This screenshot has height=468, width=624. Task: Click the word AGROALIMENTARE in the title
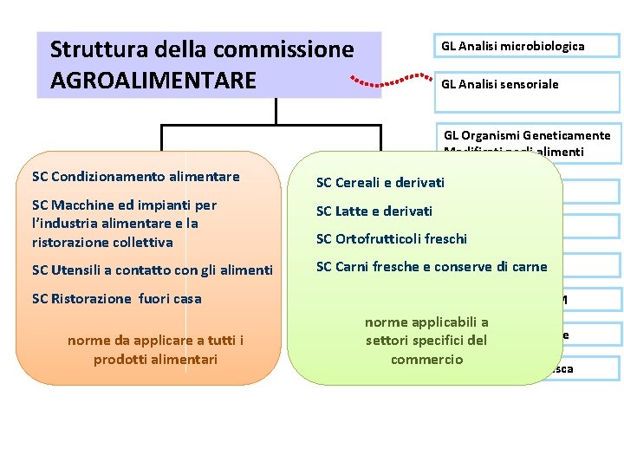click(153, 81)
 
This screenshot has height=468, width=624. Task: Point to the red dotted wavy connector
click(391, 81)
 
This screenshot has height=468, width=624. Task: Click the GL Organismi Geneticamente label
click(527, 135)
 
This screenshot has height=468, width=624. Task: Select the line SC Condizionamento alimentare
click(135, 177)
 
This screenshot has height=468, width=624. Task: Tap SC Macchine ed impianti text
click(124, 205)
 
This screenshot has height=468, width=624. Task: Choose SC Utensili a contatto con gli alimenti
click(153, 270)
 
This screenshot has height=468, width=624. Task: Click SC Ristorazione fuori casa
click(116, 299)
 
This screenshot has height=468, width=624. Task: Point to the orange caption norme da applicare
click(155, 349)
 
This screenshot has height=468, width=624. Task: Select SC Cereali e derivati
click(380, 182)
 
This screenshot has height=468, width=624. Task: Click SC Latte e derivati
click(374, 211)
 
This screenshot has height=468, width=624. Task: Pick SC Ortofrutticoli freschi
click(391, 239)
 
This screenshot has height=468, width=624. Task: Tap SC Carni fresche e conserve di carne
click(432, 267)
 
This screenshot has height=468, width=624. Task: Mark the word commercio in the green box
click(426, 360)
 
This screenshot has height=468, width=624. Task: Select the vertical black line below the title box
click(276, 110)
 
